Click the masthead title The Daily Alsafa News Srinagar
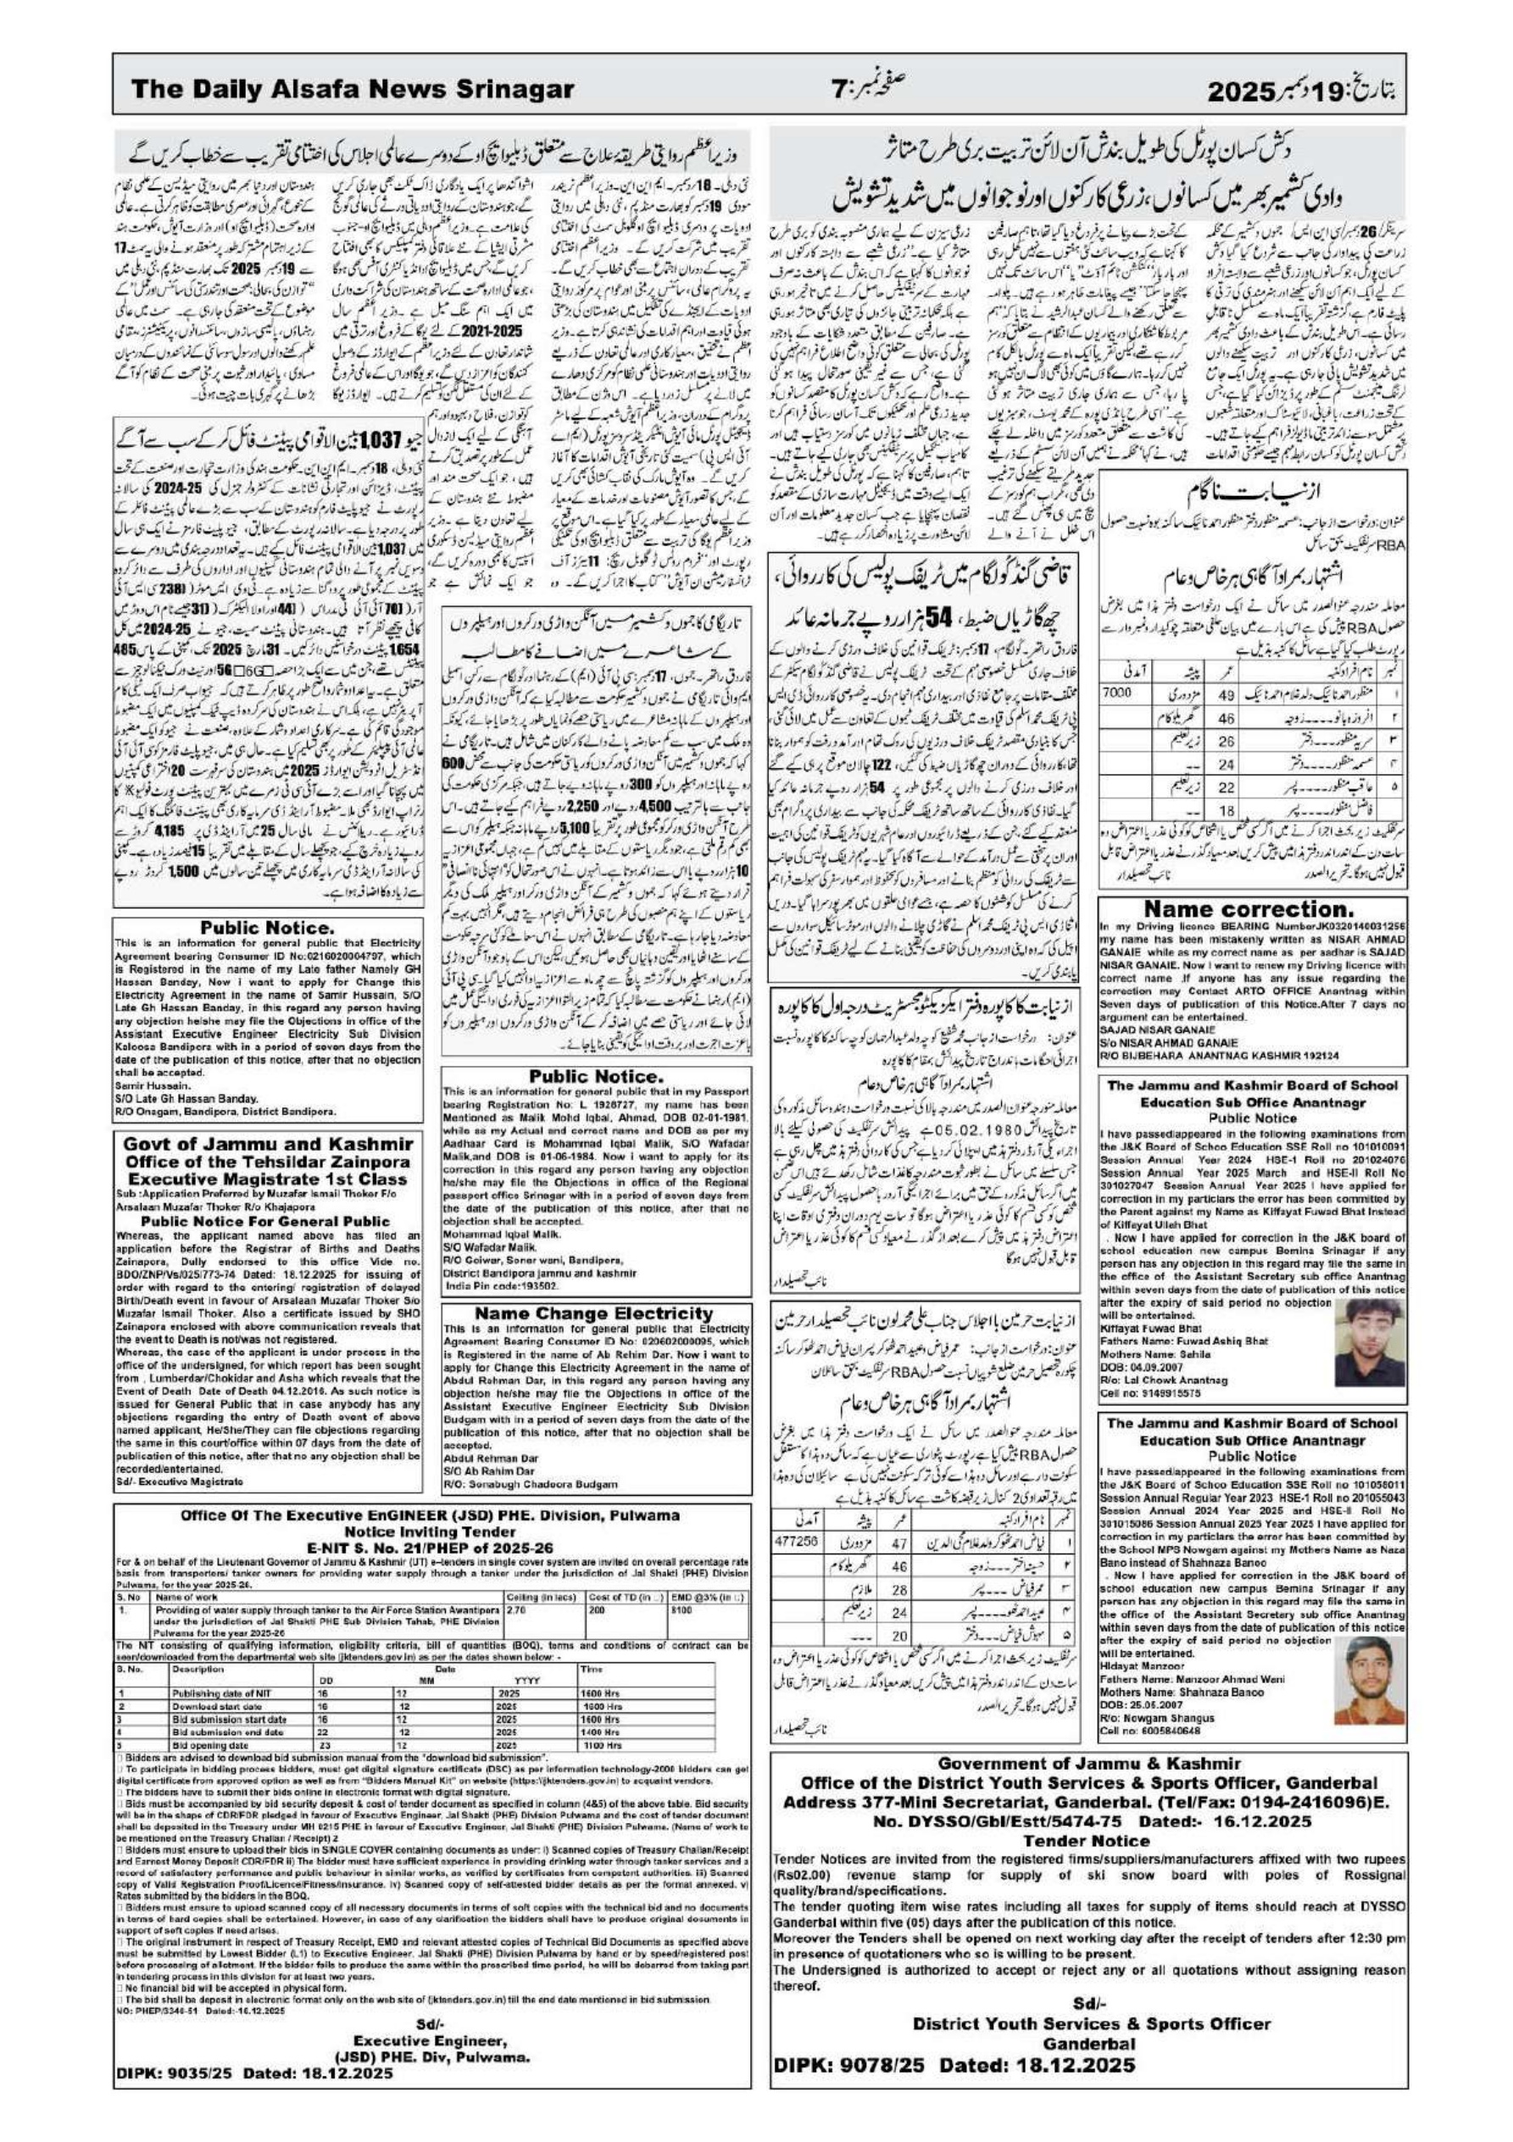(x=352, y=90)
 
